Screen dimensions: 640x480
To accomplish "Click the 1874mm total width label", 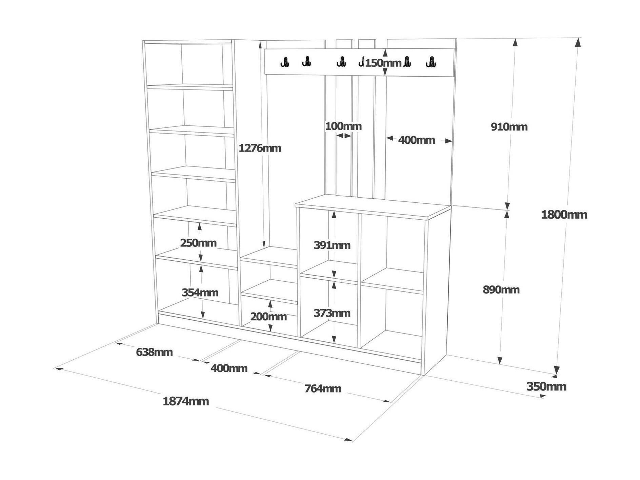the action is (x=186, y=401).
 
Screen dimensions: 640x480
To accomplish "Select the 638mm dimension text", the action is (x=154, y=352).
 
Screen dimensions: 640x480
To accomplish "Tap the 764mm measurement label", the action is (x=323, y=388).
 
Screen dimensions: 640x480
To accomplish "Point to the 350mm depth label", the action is (x=546, y=386).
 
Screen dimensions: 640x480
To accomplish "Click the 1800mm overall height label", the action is (x=564, y=215).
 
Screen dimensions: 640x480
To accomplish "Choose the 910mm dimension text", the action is (x=509, y=127).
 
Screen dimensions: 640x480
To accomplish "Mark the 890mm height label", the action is (x=501, y=290).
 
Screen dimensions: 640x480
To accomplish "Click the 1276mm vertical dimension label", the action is (x=260, y=148).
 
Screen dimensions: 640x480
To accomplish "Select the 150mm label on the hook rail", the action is (x=383, y=63).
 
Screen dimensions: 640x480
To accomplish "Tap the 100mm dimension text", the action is (x=343, y=126).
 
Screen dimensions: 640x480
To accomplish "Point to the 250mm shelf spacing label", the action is (x=198, y=243).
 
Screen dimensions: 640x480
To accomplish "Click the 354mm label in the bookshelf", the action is (x=200, y=293).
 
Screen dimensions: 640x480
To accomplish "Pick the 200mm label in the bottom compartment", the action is (x=268, y=317).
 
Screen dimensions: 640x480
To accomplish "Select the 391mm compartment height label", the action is (x=332, y=245).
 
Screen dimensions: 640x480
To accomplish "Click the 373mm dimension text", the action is (x=332, y=313).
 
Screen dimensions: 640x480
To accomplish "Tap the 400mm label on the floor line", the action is (x=229, y=368).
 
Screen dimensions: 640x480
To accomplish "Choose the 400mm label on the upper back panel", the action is (x=416, y=140).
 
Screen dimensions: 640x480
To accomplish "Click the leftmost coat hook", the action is (x=285, y=62).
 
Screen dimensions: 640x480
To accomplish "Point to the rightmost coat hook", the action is (x=431, y=62).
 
